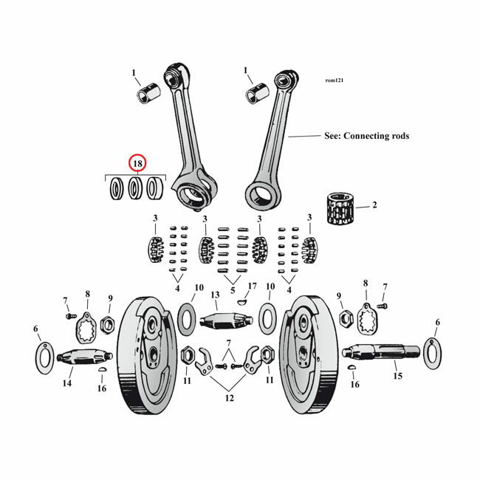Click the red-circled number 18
137,163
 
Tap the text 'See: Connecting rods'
366,137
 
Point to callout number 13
215,295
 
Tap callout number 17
252,287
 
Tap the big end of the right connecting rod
263,196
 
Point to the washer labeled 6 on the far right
432,349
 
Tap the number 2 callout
374,205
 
